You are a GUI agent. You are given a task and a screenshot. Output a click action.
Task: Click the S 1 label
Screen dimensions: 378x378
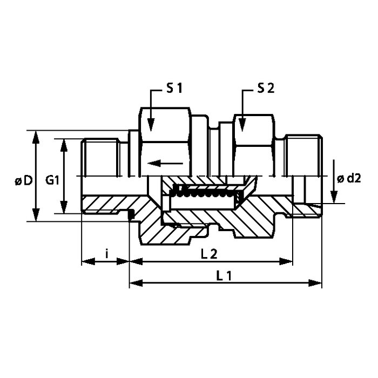[174, 89]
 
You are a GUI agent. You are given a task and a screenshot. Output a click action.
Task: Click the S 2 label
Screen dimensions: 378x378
[266, 89]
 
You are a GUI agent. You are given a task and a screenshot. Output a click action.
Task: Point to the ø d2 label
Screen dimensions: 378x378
[349, 179]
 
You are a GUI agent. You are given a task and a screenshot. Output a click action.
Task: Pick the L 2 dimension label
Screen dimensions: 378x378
[209, 254]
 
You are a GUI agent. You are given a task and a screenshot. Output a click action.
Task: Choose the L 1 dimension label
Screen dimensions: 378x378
[224, 275]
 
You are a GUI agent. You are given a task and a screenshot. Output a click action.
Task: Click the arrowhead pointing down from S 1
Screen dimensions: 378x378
[151, 125]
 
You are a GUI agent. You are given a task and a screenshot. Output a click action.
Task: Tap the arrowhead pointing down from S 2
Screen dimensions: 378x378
[242, 125]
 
